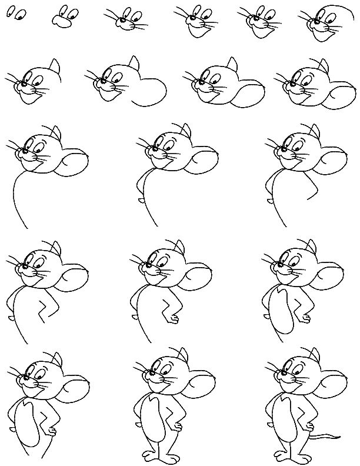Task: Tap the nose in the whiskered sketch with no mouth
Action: [x=123, y=22]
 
